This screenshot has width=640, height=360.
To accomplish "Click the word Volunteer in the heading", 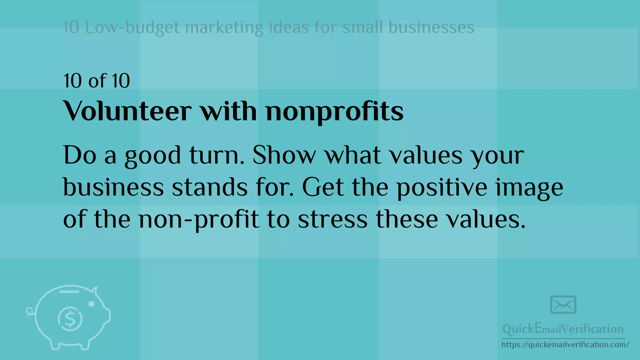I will click(127, 111).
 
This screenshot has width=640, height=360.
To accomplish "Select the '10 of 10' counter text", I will click(97, 81).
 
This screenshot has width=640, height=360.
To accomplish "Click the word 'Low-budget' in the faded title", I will click(132, 27).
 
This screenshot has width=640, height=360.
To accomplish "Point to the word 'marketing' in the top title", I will click(224, 27).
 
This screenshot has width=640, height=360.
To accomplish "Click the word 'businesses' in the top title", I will click(431, 27).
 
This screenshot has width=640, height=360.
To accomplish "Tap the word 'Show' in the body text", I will click(284, 155).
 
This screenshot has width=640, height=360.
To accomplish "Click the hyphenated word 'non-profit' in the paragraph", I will click(199, 220).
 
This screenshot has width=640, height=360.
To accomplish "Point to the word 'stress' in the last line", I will click(332, 219).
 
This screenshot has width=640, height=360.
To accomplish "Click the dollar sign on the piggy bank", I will click(70, 319).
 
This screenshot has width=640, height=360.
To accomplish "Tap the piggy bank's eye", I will click(92, 304).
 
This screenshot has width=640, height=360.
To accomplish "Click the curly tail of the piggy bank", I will click(30, 311).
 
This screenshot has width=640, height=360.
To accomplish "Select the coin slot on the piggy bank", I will click(69, 292).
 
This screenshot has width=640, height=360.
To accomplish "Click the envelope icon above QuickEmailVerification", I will click(563, 305).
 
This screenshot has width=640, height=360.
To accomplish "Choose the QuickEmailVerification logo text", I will click(563, 329).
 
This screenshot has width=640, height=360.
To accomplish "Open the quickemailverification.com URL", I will click(565, 345).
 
